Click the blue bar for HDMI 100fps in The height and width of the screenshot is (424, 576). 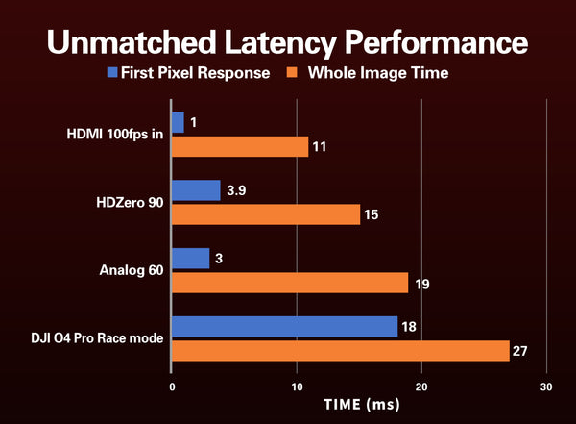[178, 122]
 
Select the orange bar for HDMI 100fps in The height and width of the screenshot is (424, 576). [240, 146]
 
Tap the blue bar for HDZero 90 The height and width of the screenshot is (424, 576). [196, 190]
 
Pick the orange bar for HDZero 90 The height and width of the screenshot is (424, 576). [266, 214]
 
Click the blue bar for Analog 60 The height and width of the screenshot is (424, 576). [190, 259]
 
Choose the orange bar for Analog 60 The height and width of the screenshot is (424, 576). [290, 283]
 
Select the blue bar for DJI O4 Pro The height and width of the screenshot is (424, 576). [284, 327]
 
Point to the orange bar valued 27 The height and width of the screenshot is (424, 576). [340, 351]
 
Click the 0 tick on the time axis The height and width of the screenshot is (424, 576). [172, 386]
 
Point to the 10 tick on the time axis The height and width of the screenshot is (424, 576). [297, 386]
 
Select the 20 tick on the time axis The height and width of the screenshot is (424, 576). [421, 386]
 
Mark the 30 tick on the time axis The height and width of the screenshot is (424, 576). [546, 386]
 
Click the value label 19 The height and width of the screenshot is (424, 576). [420, 284]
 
